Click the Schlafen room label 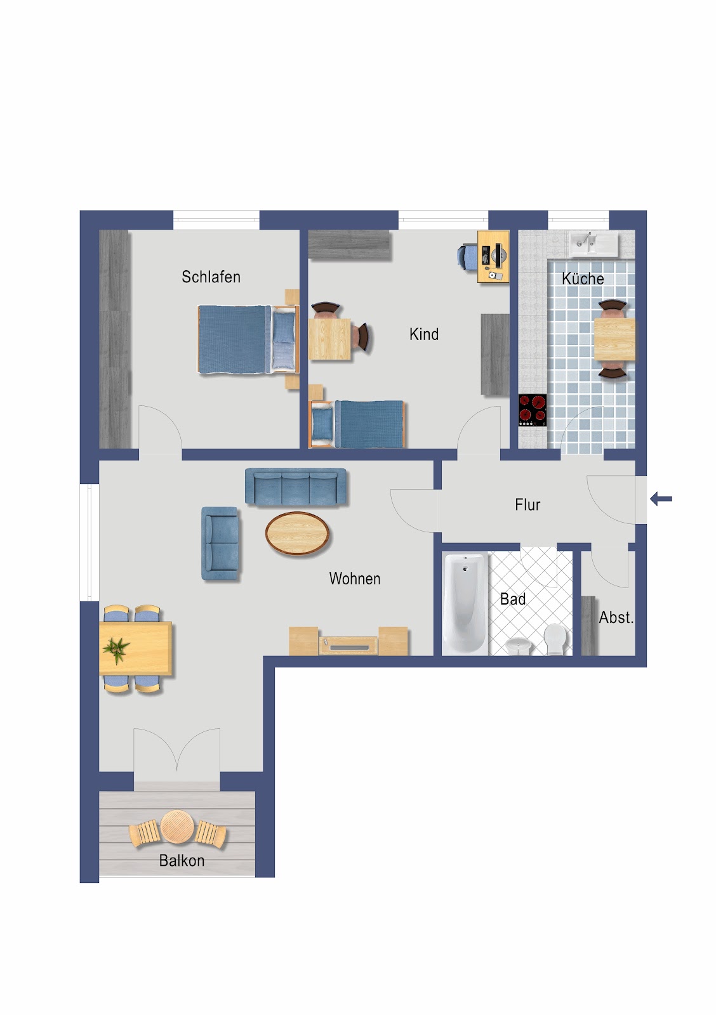(x=211, y=277)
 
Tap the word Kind (x=424, y=334)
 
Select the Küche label (x=583, y=278)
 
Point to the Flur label (x=527, y=504)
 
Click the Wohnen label (x=355, y=579)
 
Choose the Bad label (x=513, y=599)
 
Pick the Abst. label (x=616, y=617)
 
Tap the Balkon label (x=182, y=860)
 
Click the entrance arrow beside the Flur (x=661, y=499)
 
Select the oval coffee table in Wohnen (x=297, y=533)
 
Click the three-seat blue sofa (x=296, y=486)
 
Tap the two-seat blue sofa (x=220, y=543)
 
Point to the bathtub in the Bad (x=465, y=603)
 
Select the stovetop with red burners (x=533, y=410)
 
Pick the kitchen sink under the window (x=593, y=244)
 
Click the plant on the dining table (x=117, y=648)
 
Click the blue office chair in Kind (x=467, y=257)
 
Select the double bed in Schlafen (x=248, y=339)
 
